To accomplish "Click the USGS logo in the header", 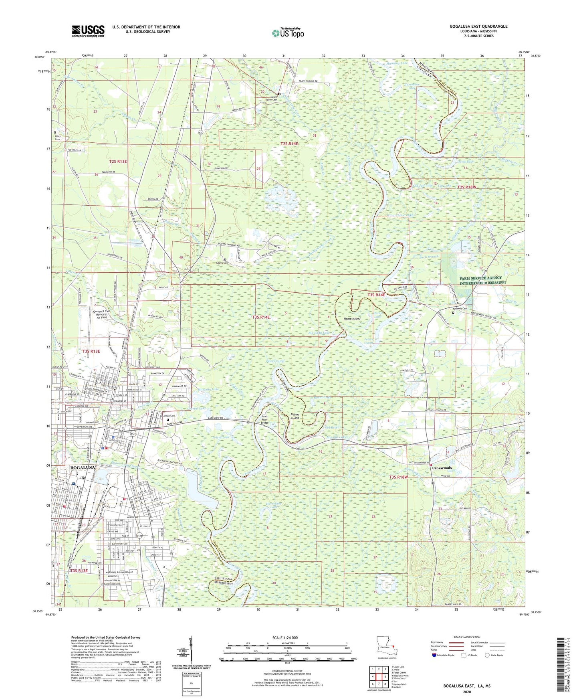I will (x=88, y=31).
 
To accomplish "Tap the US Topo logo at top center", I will (x=288, y=33).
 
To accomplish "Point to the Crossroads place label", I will (x=442, y=468).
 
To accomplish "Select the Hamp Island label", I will (x=352, y=319).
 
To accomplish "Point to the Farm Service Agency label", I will (x=482, y=280).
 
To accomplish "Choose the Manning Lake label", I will (x=397, y=63).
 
